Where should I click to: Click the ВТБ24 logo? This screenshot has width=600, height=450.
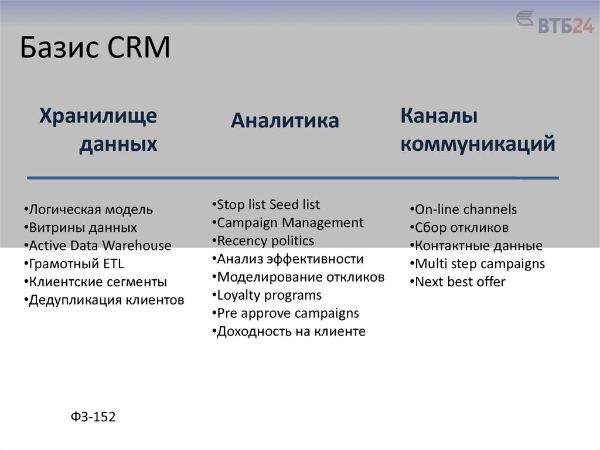click(554, 23)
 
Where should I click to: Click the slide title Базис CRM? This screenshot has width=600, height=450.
click(95, 48)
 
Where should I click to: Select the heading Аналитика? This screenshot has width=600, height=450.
click(285, 120)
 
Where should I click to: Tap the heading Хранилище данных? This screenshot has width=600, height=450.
click(98, 130)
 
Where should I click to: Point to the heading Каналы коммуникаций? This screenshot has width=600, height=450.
click(478, 130)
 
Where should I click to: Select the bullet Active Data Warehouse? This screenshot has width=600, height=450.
click(98, 246)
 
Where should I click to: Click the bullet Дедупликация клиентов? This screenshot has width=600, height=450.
click(105, 300)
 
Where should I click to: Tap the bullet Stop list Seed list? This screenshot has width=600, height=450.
click(266, 205)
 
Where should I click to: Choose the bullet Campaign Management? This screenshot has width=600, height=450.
click(288, 223)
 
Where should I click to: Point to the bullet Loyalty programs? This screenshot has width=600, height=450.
click(267, 295)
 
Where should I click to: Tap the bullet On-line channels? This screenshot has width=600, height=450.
click(463, 209)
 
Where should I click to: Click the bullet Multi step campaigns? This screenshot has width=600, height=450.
click(477, 264)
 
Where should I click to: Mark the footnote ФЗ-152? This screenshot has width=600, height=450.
click(93, 417)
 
